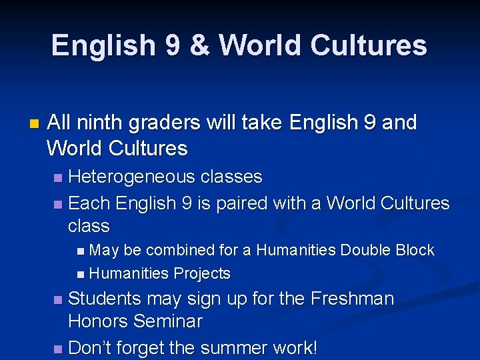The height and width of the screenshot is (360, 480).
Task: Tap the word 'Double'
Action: coord(365,251)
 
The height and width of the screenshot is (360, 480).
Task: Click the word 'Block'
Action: coord(415,251)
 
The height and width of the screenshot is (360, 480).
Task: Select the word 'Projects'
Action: coord(202,273)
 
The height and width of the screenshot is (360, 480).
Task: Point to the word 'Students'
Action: coord(105,299)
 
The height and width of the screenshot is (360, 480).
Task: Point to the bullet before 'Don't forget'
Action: coord(58,349)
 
